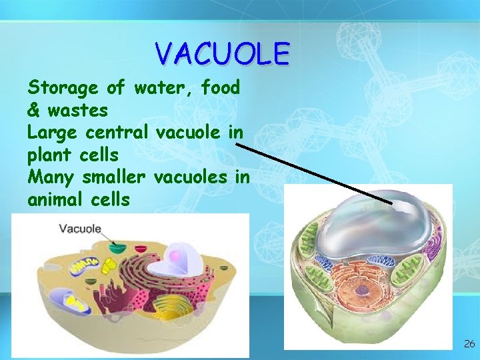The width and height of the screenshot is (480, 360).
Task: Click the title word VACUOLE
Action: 221,53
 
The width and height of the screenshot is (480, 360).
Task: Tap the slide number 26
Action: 469,344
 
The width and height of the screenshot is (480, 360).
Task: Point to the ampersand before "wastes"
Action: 34,109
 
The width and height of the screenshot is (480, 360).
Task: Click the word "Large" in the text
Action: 52,133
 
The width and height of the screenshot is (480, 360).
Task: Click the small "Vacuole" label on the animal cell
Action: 80,229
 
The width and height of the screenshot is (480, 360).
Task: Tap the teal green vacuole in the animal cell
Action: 118,248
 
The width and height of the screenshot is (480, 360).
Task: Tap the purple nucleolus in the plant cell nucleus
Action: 362,291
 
